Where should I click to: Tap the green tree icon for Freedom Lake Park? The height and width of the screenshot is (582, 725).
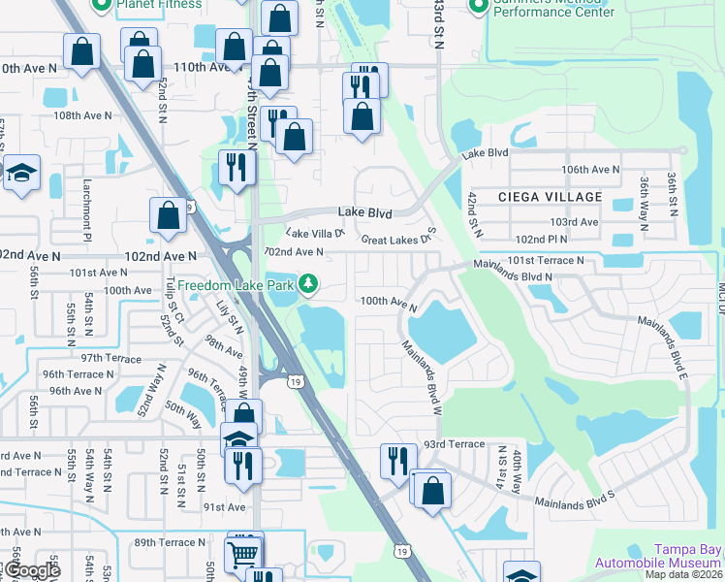click(308, 283)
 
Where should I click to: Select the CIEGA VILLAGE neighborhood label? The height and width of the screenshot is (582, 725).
click(550, 197)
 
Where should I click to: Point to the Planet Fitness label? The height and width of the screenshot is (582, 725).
click(159, 5)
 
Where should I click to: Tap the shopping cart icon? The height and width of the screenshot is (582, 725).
click(240, 554)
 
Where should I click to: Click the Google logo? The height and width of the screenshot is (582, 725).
click(33, 571)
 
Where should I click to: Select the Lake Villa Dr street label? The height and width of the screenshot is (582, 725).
click(315, 234)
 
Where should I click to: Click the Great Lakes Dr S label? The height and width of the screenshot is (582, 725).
click(399, 239)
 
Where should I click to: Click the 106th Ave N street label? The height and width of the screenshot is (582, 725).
click(589, 170)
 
